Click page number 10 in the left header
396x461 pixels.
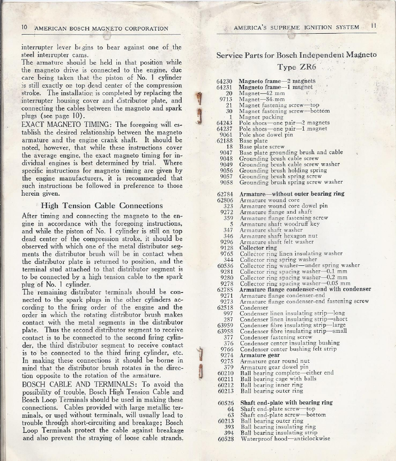click(25, 28)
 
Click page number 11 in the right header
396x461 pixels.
click(373, 27)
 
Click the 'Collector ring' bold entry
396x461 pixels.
click(258, 248)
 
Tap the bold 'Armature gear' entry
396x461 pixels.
click(259, 355)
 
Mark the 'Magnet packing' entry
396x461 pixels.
click(261, 117)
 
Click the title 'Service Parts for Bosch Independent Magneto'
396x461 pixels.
click(296, 54)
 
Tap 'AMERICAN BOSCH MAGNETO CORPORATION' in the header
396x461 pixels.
click(101, 29)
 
